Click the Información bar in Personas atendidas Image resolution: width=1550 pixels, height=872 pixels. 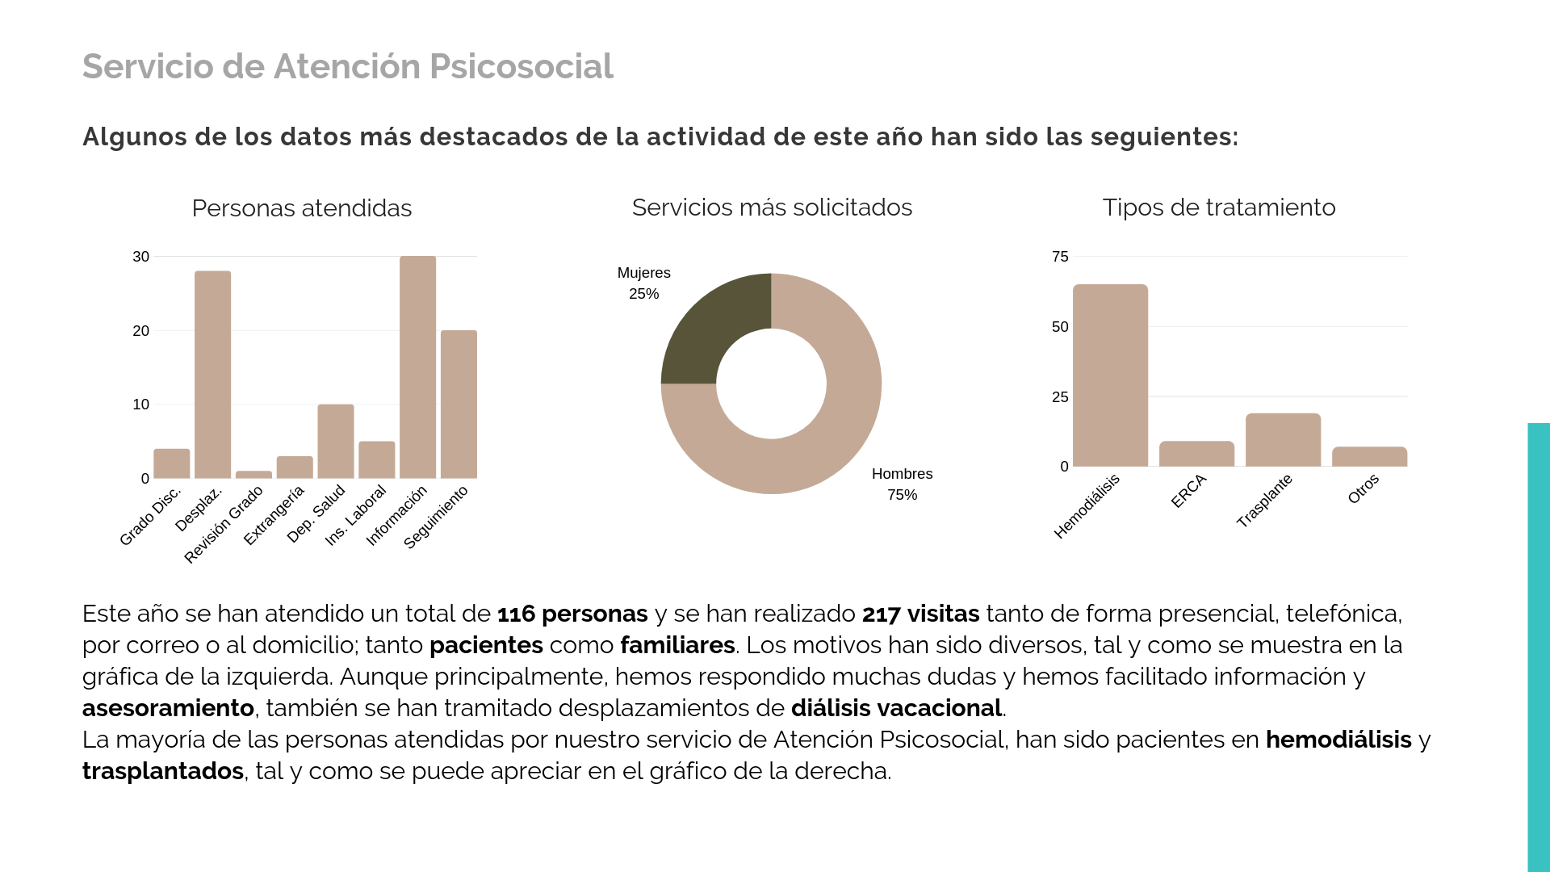click(417, 367)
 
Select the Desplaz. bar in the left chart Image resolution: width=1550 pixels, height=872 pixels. click(212, 375)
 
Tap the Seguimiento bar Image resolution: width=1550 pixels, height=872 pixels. click(459, 405)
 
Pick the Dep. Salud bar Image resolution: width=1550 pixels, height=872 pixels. click(335, 442)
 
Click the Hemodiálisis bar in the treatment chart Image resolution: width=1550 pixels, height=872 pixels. click(1110, 375)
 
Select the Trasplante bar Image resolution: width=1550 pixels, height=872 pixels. click(1283, 440)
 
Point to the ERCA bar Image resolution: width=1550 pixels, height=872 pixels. click(1196, 454)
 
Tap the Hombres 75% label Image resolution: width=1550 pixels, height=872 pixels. click(902, 484)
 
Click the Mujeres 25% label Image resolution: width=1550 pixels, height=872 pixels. click(643, 283)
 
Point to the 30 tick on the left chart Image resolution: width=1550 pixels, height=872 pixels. click(141, 257)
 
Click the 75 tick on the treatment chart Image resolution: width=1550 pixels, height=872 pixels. click(1060, 257)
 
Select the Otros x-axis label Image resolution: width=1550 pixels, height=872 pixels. click(1364, 489)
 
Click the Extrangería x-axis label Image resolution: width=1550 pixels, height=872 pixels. click(274, 515)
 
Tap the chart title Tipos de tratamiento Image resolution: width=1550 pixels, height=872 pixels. click(1218, 208)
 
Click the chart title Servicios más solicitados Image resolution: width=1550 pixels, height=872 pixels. click(772, 208)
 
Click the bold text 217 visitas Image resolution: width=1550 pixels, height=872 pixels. click(920, 614)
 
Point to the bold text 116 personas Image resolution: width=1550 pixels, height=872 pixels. click(572, 614)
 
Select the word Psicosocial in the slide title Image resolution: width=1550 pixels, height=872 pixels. click(521, 66)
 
